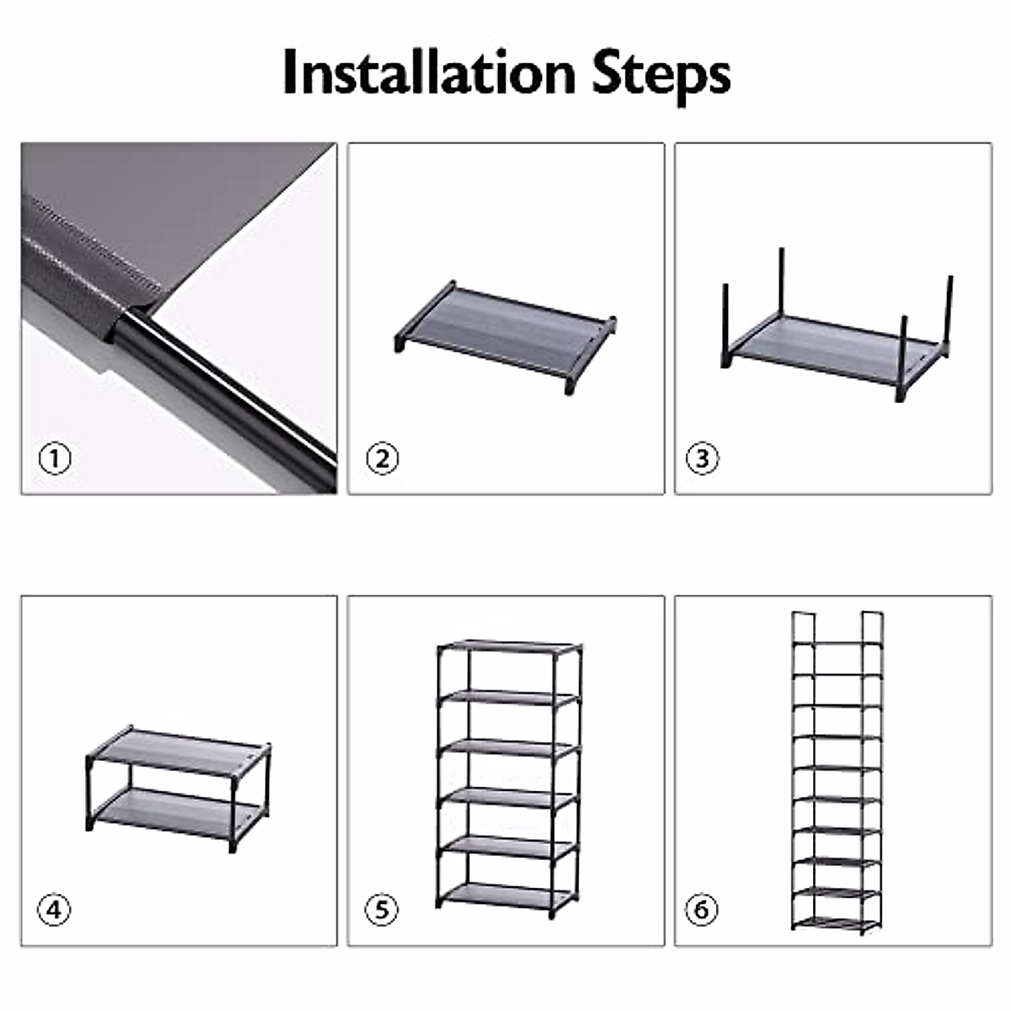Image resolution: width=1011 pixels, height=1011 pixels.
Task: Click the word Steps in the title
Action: pos(661,74)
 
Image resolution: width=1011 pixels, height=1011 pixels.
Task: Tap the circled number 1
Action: pos(55,459)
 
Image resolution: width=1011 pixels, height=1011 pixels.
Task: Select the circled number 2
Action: pos(382,459)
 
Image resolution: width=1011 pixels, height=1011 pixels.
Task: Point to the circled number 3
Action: pos(703,459)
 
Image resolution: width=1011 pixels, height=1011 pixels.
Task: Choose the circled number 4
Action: pos(55,910)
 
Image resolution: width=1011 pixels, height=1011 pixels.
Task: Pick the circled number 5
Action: pos(382,910)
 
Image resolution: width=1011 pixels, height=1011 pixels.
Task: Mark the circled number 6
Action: pos(703,910)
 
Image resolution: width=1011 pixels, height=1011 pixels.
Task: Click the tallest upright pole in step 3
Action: pos(783,282)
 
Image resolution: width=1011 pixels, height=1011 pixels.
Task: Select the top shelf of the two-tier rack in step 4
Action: pos(179,750)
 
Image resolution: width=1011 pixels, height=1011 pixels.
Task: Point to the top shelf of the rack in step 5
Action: pos(509,648)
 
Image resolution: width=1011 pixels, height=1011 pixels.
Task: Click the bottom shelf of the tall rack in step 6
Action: pos(836,923)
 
